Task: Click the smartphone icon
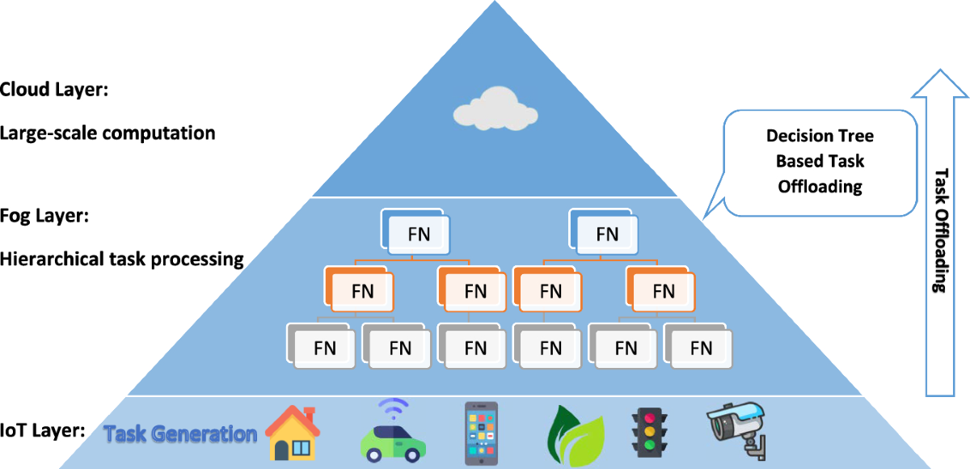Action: coord(482,433)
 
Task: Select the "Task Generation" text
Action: coord(180,433)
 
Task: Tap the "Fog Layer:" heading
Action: coord(46,218)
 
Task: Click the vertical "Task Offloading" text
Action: coord(941,231)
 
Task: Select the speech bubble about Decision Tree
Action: coord(819,161)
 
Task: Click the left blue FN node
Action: coord(418,234)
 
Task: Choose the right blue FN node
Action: coord(606,234)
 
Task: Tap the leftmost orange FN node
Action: coord(361,290)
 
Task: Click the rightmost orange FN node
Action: coord(663,290)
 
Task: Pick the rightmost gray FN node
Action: coord(700,348)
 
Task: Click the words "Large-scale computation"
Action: coord(108,133)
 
